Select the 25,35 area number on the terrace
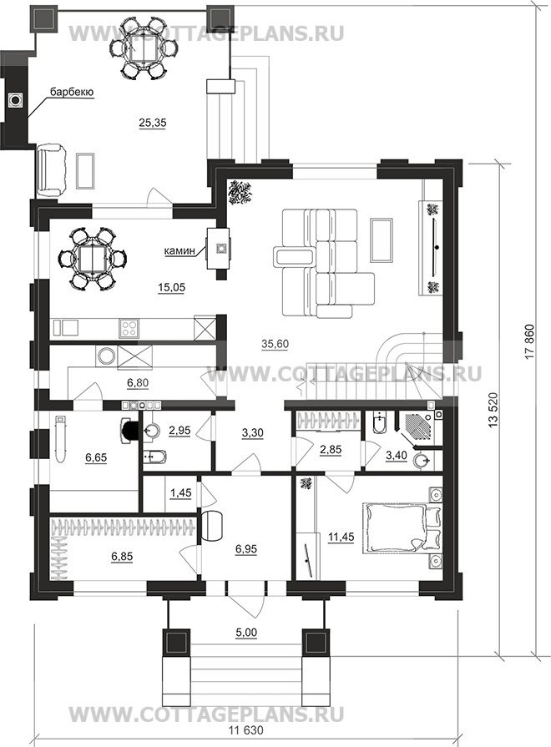[x=153, y=123]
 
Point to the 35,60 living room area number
[x=275, y=344]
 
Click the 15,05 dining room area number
[x=171, y=287]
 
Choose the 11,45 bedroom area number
[x=341, y=537]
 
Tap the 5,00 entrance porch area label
[x=247, y=633]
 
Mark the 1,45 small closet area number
[x=180, y=492]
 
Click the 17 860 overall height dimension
[x=532, y=345]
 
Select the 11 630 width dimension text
[x=246, y=730]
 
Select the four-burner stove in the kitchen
[x=129, y=328]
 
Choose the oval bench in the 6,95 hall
[x=213, y=526]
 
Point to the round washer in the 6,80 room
[x=105, y=356]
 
